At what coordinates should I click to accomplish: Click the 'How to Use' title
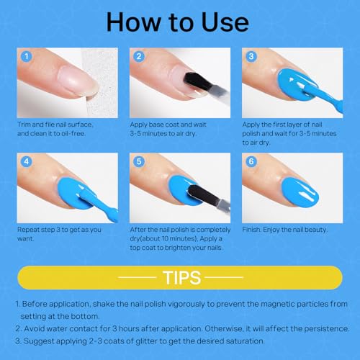pyautogui.click(x=179, y=22)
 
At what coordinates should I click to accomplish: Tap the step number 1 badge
pyautogui.click(x=27, y=56)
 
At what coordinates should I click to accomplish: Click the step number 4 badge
pyautogui.click(x=27, y=162)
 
